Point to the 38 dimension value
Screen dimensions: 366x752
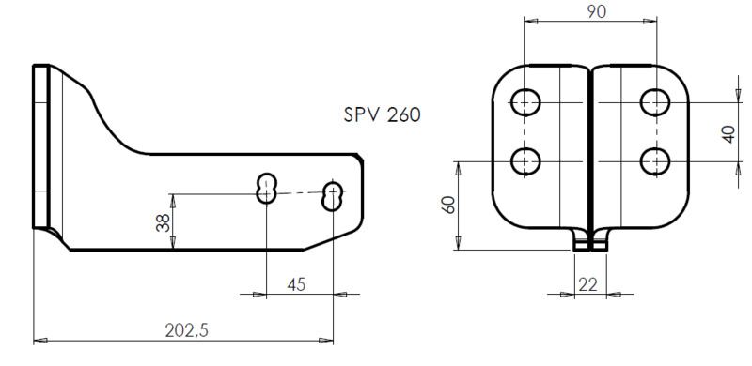(x=161, y=221)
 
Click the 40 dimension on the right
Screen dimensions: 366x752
(x=728, y=131)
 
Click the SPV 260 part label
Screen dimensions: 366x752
(x=382, y=115)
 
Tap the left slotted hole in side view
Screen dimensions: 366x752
(x=267, y=188)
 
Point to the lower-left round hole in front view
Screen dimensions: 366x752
(x=525, y=161)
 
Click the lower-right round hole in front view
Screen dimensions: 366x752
(x=654, y=161)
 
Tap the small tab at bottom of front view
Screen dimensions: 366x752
(x=590, y=241)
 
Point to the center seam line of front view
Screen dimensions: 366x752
(x=590, y=150)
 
